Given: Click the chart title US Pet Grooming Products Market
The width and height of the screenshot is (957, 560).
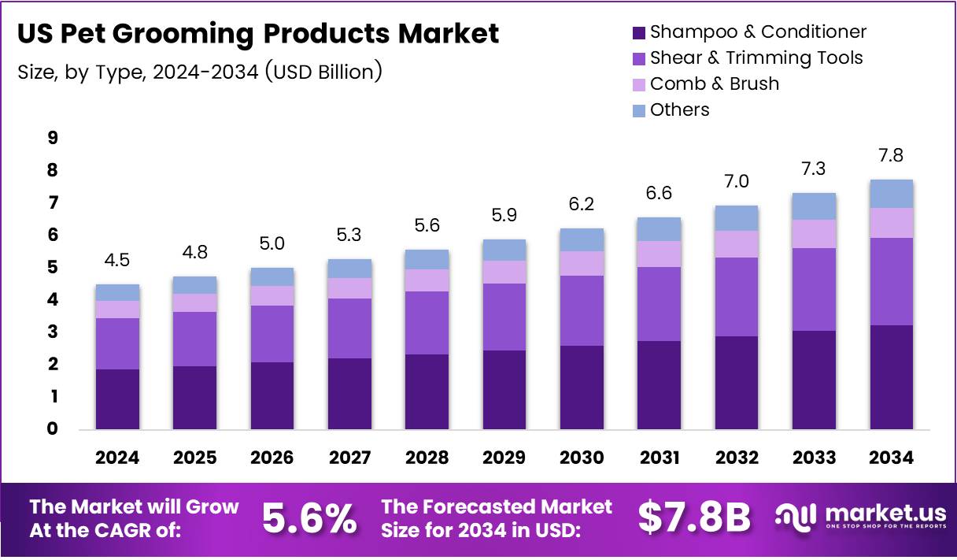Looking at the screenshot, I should pyautogui.click(x=257, y=34).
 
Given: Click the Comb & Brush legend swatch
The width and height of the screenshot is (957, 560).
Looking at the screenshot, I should pyautogui.click(x=638, y=84).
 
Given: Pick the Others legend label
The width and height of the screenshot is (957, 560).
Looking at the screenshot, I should pyautogui.click(x=679, y=110).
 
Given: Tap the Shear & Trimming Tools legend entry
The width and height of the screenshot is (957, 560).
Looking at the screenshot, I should pyautogui.click(x=756, y=58).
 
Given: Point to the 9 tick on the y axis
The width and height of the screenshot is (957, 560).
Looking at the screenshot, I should pyautogui.click(x=53, y=138).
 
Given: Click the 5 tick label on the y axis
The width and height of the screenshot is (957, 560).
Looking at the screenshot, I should pyautogui.click(x=53, y=268).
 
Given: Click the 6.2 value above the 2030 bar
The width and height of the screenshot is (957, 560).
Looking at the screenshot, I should pyautogui.click(x=582, y=205).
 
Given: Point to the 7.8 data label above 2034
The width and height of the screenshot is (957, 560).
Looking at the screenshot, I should pyautogui.click(x=891, y=156).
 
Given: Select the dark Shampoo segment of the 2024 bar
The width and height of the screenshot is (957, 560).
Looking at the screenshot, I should pyautogui.click(x=117, y=399).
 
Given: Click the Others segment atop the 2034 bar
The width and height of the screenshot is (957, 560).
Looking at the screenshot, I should pyautogui.click(x=891, y=194).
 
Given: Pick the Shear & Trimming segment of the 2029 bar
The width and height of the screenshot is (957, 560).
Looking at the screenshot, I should pyautogui.click(x=504, y=317).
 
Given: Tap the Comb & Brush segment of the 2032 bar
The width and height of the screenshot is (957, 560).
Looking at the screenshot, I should pyautogui.click(x=737, y=243).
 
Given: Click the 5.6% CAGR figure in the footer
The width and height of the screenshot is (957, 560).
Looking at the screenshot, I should pyautogui.click(x=309, y=518).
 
